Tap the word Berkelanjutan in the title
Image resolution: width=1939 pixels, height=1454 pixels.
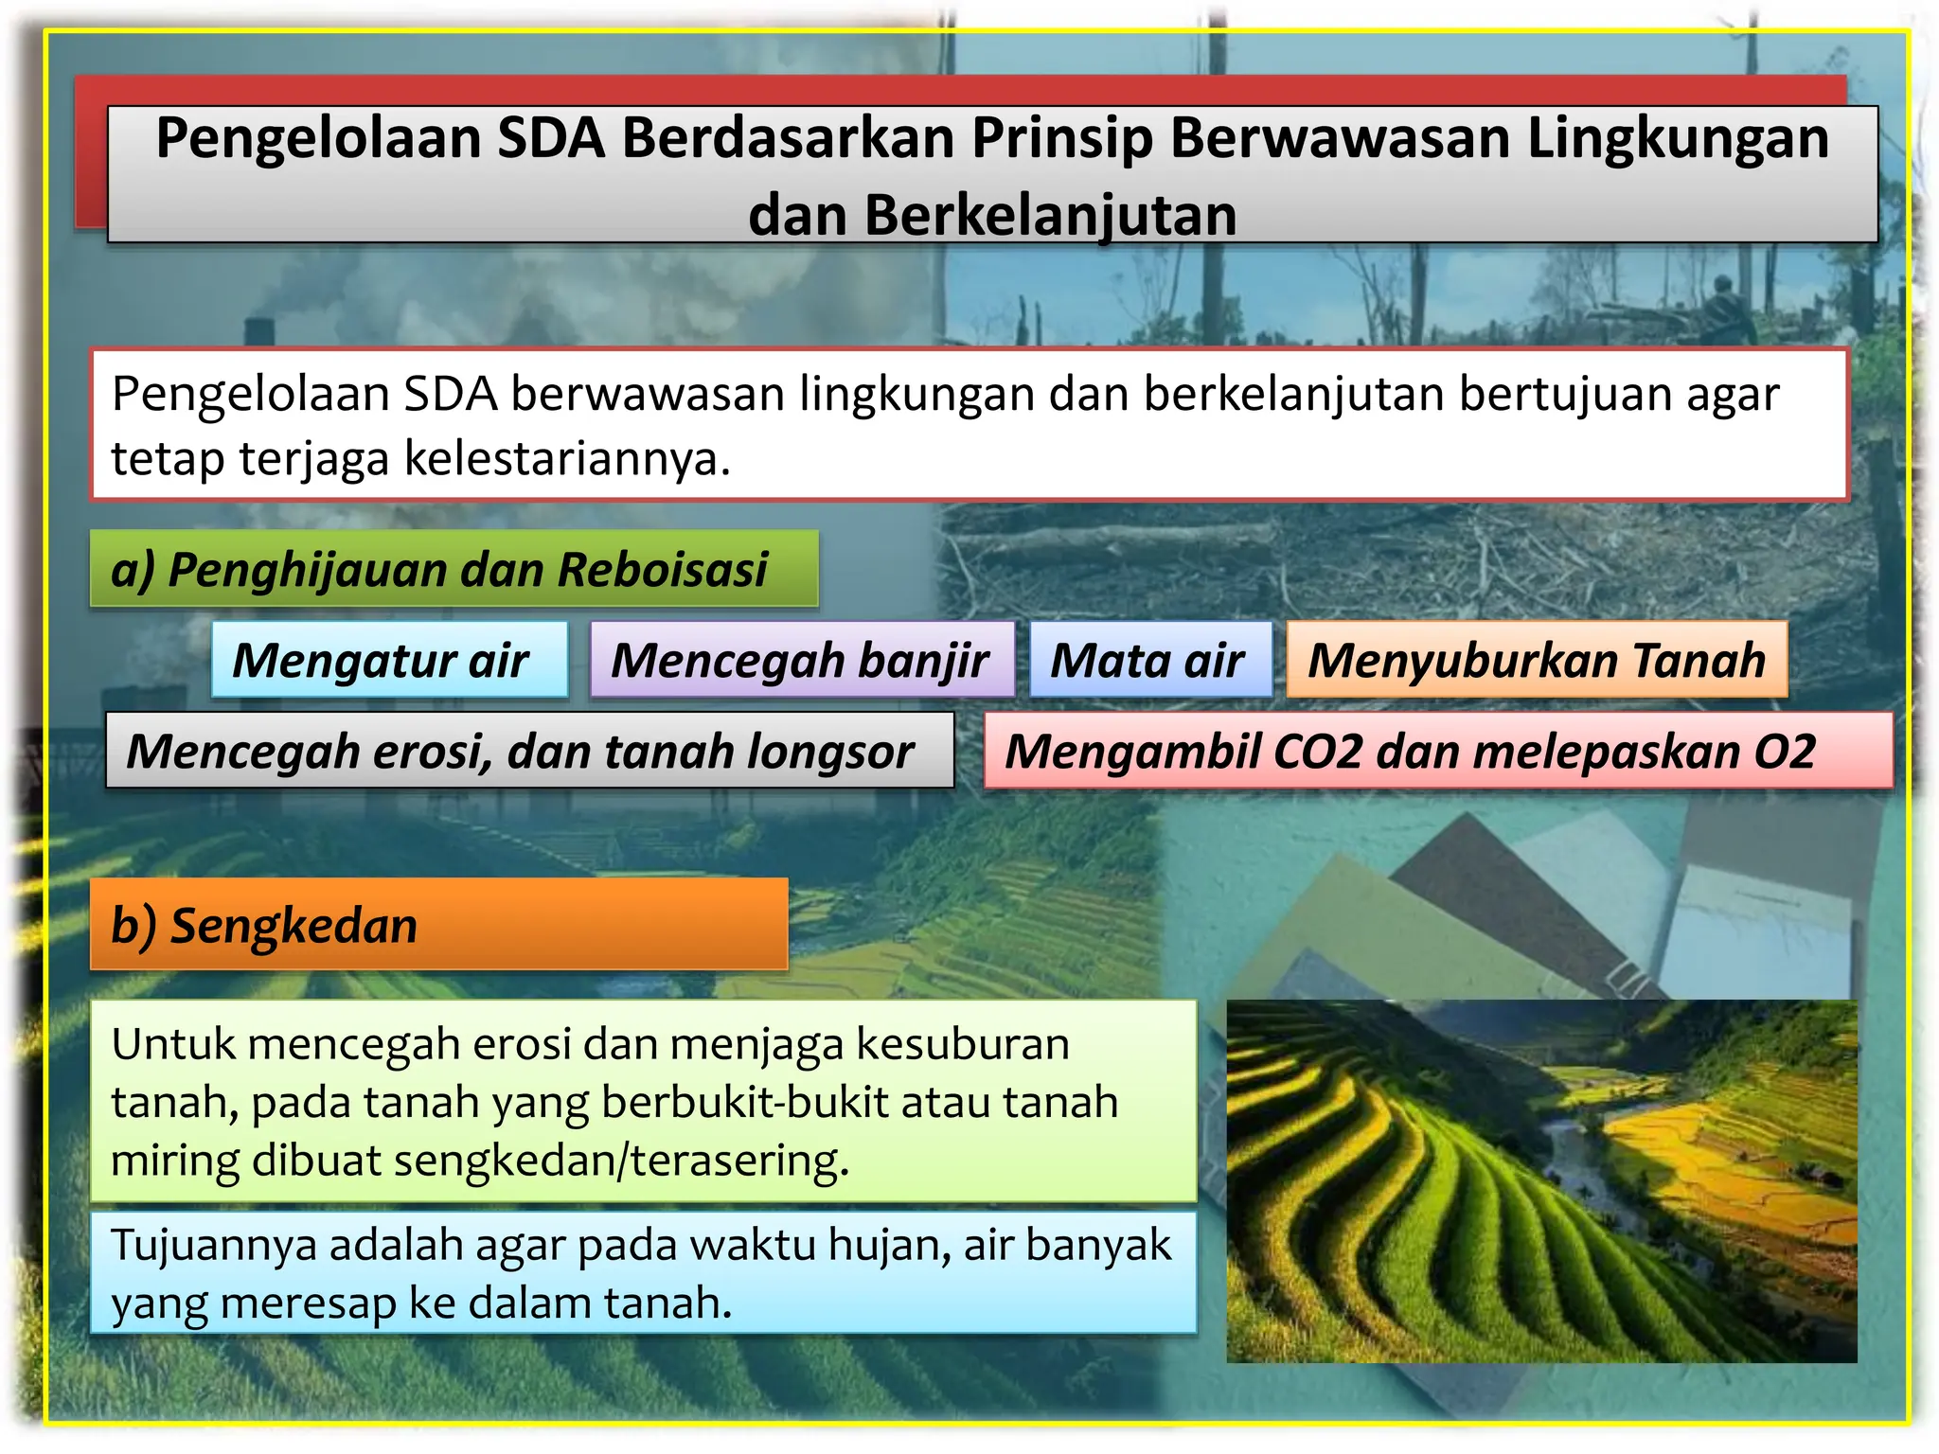[992, 215]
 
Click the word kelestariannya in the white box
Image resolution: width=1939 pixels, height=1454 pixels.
[567, 459]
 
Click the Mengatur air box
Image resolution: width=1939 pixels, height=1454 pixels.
[389, 660]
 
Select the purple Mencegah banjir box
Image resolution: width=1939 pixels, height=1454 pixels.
[801, 660]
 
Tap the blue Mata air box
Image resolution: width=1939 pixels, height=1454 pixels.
[1149, 660]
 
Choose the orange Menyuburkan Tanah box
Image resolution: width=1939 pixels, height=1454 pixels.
[1536, 660]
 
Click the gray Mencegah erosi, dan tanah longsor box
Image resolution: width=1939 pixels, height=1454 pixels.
[529, 751]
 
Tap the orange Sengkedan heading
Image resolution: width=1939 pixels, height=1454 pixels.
[438, 925]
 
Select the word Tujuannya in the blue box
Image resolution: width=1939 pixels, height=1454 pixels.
[214, 1245]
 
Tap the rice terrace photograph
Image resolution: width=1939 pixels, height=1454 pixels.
[1541, 1181]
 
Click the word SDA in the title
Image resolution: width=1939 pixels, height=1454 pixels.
[550, 138]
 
